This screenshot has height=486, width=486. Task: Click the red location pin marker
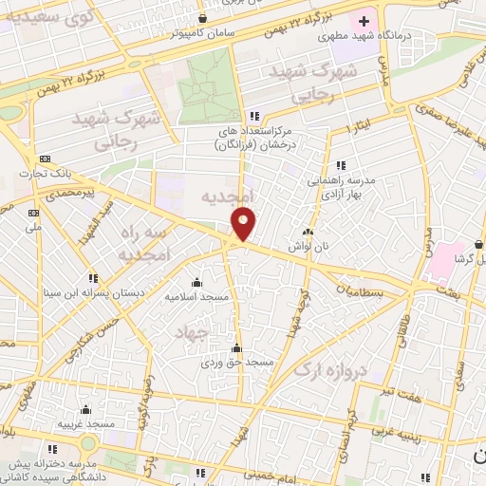coord(244,224)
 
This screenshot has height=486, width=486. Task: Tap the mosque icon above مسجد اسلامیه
coord(196,281)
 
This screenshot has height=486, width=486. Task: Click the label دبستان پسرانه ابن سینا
coord(92,293)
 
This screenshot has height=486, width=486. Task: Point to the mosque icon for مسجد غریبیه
coord(86,410)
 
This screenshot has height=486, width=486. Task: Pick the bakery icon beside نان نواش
coord(307,233)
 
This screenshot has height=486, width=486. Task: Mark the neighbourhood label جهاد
coord(191,332)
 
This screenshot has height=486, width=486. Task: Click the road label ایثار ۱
coord(358,126)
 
